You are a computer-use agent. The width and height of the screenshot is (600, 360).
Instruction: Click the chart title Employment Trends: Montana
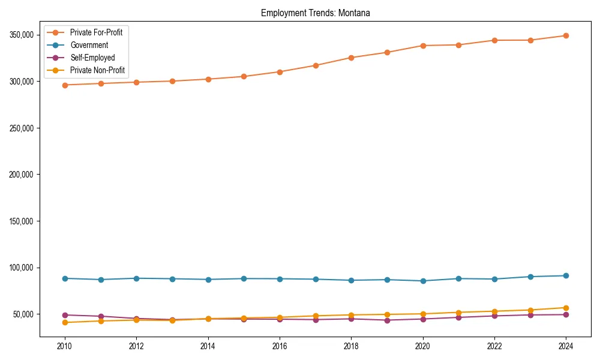click(315, 13)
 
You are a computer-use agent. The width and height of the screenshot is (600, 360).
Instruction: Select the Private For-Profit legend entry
click(96, 32)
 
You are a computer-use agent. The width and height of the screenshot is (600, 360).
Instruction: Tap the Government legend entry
click(89, 45)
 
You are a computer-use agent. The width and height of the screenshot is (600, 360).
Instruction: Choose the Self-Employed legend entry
click(92, 58)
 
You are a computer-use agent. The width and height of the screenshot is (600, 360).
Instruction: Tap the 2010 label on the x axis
click(65, 346)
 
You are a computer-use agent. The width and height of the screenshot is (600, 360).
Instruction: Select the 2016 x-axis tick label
click(280, 346)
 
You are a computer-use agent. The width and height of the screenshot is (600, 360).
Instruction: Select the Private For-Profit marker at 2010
click(65, 85)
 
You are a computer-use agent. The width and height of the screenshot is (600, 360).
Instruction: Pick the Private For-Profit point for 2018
click(351, 58)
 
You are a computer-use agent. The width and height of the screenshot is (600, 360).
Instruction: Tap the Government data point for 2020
click(422, 281)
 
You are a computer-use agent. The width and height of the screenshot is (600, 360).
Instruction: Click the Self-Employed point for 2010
click(65, 315)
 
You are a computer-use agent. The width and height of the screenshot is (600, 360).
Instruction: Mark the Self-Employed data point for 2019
click(387, 320)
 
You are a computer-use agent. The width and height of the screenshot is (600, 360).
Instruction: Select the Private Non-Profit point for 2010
click(65, 323)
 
